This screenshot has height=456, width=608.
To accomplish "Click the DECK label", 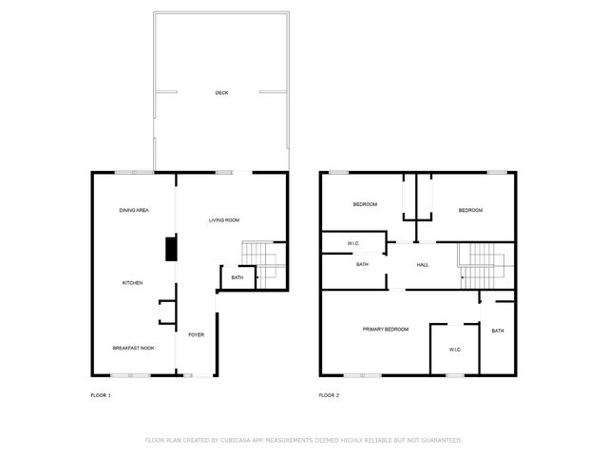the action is (221, 93).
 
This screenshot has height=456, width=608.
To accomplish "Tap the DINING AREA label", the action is (134, 210).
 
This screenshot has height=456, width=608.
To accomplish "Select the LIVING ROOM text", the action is (224, 220).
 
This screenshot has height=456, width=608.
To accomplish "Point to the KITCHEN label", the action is (133, 283).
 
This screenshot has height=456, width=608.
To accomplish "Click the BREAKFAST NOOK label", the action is (133, 349).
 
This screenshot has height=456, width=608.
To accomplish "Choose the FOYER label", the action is (197, 335).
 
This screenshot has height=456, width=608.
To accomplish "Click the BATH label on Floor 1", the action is (237, 277).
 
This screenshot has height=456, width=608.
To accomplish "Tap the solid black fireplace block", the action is (171, 249).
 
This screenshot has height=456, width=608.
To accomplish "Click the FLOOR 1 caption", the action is (101, 395).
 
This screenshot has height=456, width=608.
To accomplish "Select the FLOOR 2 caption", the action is (330, 395).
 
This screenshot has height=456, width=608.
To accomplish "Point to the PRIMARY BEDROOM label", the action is (386, 330).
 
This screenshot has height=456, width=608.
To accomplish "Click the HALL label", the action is (423, 265).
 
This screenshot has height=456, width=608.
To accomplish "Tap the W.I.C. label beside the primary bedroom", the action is (455, 350).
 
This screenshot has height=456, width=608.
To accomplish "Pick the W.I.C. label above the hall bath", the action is (353, 243).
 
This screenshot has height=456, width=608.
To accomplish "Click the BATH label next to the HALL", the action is (362, 264).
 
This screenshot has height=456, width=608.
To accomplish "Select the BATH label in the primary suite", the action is (498, 331).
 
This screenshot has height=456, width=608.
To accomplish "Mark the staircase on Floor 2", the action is (486, 266).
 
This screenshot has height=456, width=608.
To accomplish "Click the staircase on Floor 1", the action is (264, 265).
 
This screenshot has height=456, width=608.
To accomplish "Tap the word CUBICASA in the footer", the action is (236, 441).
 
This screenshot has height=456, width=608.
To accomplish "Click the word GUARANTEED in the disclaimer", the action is (442, 441).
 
